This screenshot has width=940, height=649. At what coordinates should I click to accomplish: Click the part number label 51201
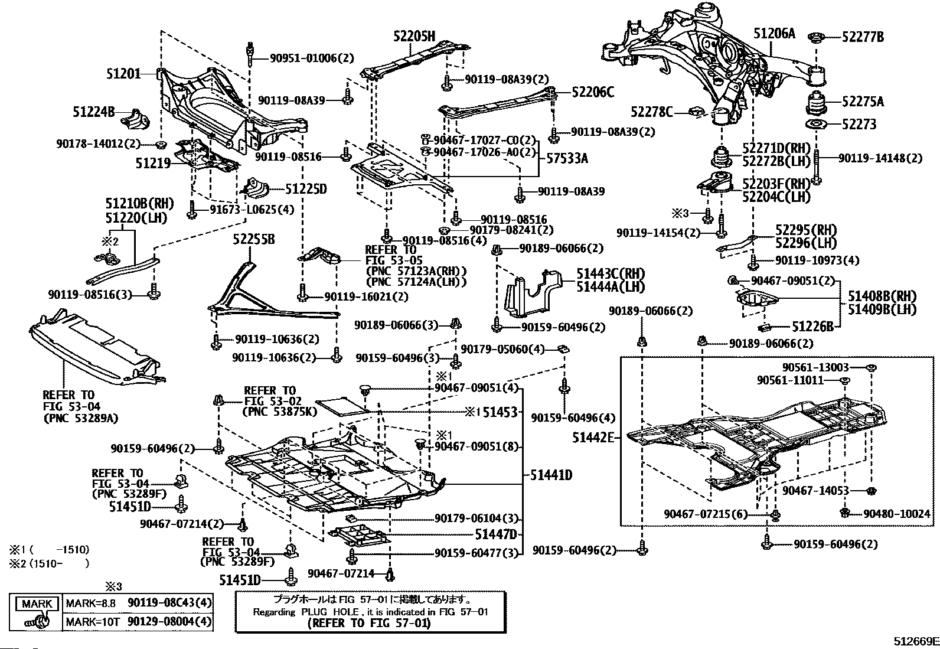click(x=123, y=74)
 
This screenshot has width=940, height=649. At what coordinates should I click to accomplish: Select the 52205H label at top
click(x=414, y=37)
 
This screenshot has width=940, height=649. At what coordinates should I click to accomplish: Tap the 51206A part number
click(x=774, y=34)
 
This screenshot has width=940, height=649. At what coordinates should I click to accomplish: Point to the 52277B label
click(x=863, y=37)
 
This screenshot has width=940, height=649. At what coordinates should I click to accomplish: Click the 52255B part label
click(x=253, y=240)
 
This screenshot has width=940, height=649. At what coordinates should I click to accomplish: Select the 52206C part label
click(x=592, y=92)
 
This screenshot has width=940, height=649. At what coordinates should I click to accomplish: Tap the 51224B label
click(x=94, y=111)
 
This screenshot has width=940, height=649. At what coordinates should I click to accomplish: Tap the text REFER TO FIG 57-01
click(x=370, y=623)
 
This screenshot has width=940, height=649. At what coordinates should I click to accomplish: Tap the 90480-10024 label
click(x=900, y=514)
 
